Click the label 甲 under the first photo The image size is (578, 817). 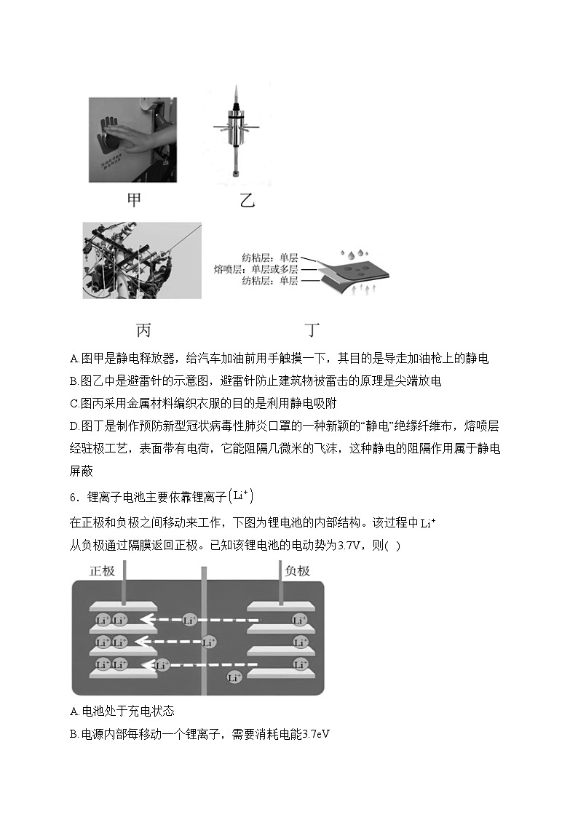click(x=134, y=199)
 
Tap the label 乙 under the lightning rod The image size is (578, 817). click(x=248, y=199)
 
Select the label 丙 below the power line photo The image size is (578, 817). click(x=143, y=330)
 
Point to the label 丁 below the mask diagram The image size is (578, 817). click(x=312, y=330)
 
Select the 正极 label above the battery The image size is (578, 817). click(x=103, y=570)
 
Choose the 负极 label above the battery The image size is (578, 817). click(x=297, y=570)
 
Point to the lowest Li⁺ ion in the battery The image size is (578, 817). click(x=234, y=677)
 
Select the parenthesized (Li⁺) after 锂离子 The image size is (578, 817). click(x=241, y=497)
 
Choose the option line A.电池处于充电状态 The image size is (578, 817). click(x=122, y=711)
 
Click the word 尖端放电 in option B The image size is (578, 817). click(x=416, y=380)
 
